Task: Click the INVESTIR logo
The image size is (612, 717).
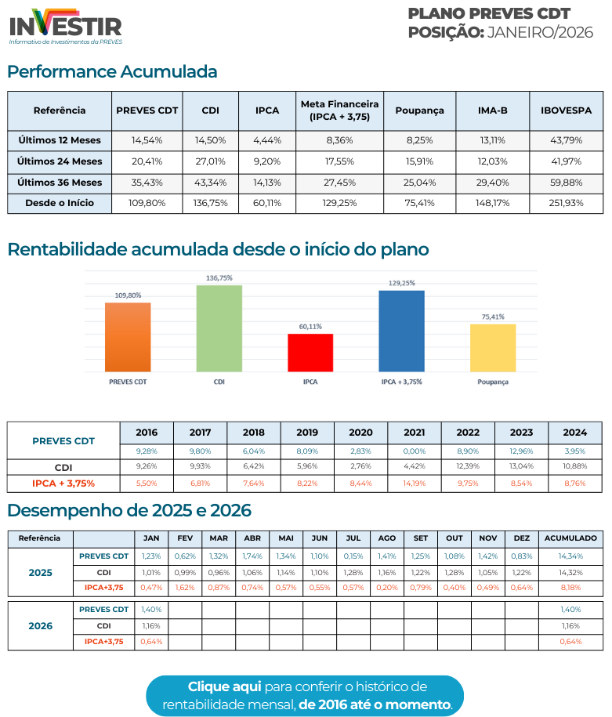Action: [65, 25]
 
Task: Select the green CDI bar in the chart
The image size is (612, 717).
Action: [219, 328]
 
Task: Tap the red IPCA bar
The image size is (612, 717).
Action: [310, 353]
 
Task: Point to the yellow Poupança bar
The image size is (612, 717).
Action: [493, 348]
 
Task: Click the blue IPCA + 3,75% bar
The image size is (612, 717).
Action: [401, 331]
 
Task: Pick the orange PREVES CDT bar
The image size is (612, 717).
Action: [128, 337]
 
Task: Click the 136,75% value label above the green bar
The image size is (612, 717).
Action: [219, 278]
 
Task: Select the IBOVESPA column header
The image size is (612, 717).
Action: [566, 110]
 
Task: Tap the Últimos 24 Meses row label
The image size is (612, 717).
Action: [60, 161]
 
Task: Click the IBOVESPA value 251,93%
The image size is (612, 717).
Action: [566, 203]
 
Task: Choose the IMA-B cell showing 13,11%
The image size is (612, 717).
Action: [492, 140]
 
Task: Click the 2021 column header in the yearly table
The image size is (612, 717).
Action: [414, 432]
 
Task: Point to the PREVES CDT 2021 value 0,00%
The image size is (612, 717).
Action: [414, 451]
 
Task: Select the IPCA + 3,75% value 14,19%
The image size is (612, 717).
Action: [414, 483]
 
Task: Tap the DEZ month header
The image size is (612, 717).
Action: [521, 538]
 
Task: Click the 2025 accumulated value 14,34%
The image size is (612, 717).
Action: [570, 556]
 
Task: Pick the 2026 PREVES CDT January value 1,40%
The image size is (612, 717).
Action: [151, 609]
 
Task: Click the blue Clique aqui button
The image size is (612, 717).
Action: [306, 695]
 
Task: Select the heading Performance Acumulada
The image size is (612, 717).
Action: [112, 72]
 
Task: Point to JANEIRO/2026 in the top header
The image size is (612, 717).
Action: [540, 32]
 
